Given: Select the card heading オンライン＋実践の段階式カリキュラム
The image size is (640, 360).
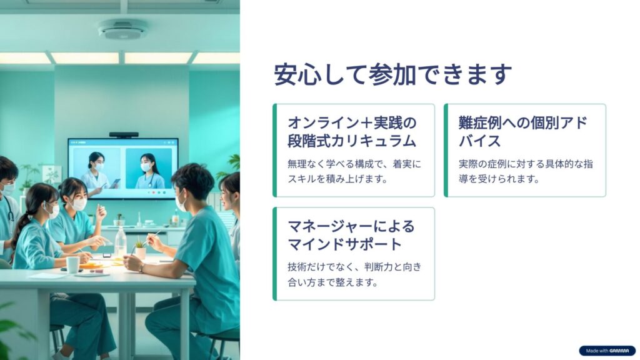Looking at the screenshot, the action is [352, 131].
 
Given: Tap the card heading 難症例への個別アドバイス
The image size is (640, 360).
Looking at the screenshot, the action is [523, 131].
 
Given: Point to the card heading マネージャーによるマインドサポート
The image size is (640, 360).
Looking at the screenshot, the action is [351, 235].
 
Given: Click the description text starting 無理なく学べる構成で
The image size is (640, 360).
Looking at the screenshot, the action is [354, 171].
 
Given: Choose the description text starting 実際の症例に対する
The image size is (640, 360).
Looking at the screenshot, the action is [526, 171].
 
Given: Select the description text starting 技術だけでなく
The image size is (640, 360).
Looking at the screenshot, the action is [354, 274].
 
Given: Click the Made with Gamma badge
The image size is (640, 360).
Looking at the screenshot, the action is [607, 351].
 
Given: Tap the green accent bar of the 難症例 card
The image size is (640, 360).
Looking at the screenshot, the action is [446, 150].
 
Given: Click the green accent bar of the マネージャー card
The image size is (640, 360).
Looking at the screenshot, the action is [275, 254].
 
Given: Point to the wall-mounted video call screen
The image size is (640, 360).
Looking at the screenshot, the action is [123, 168].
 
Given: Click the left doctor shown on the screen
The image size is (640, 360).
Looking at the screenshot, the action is [96, 171].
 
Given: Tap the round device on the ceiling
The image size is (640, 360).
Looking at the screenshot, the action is [123, 29].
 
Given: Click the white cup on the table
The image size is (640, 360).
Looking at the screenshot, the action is [72, 264].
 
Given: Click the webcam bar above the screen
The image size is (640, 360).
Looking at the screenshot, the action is [124, 135].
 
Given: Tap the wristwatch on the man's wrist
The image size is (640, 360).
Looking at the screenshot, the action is [141, 268].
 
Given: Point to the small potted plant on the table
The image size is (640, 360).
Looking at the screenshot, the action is [141, 249].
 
